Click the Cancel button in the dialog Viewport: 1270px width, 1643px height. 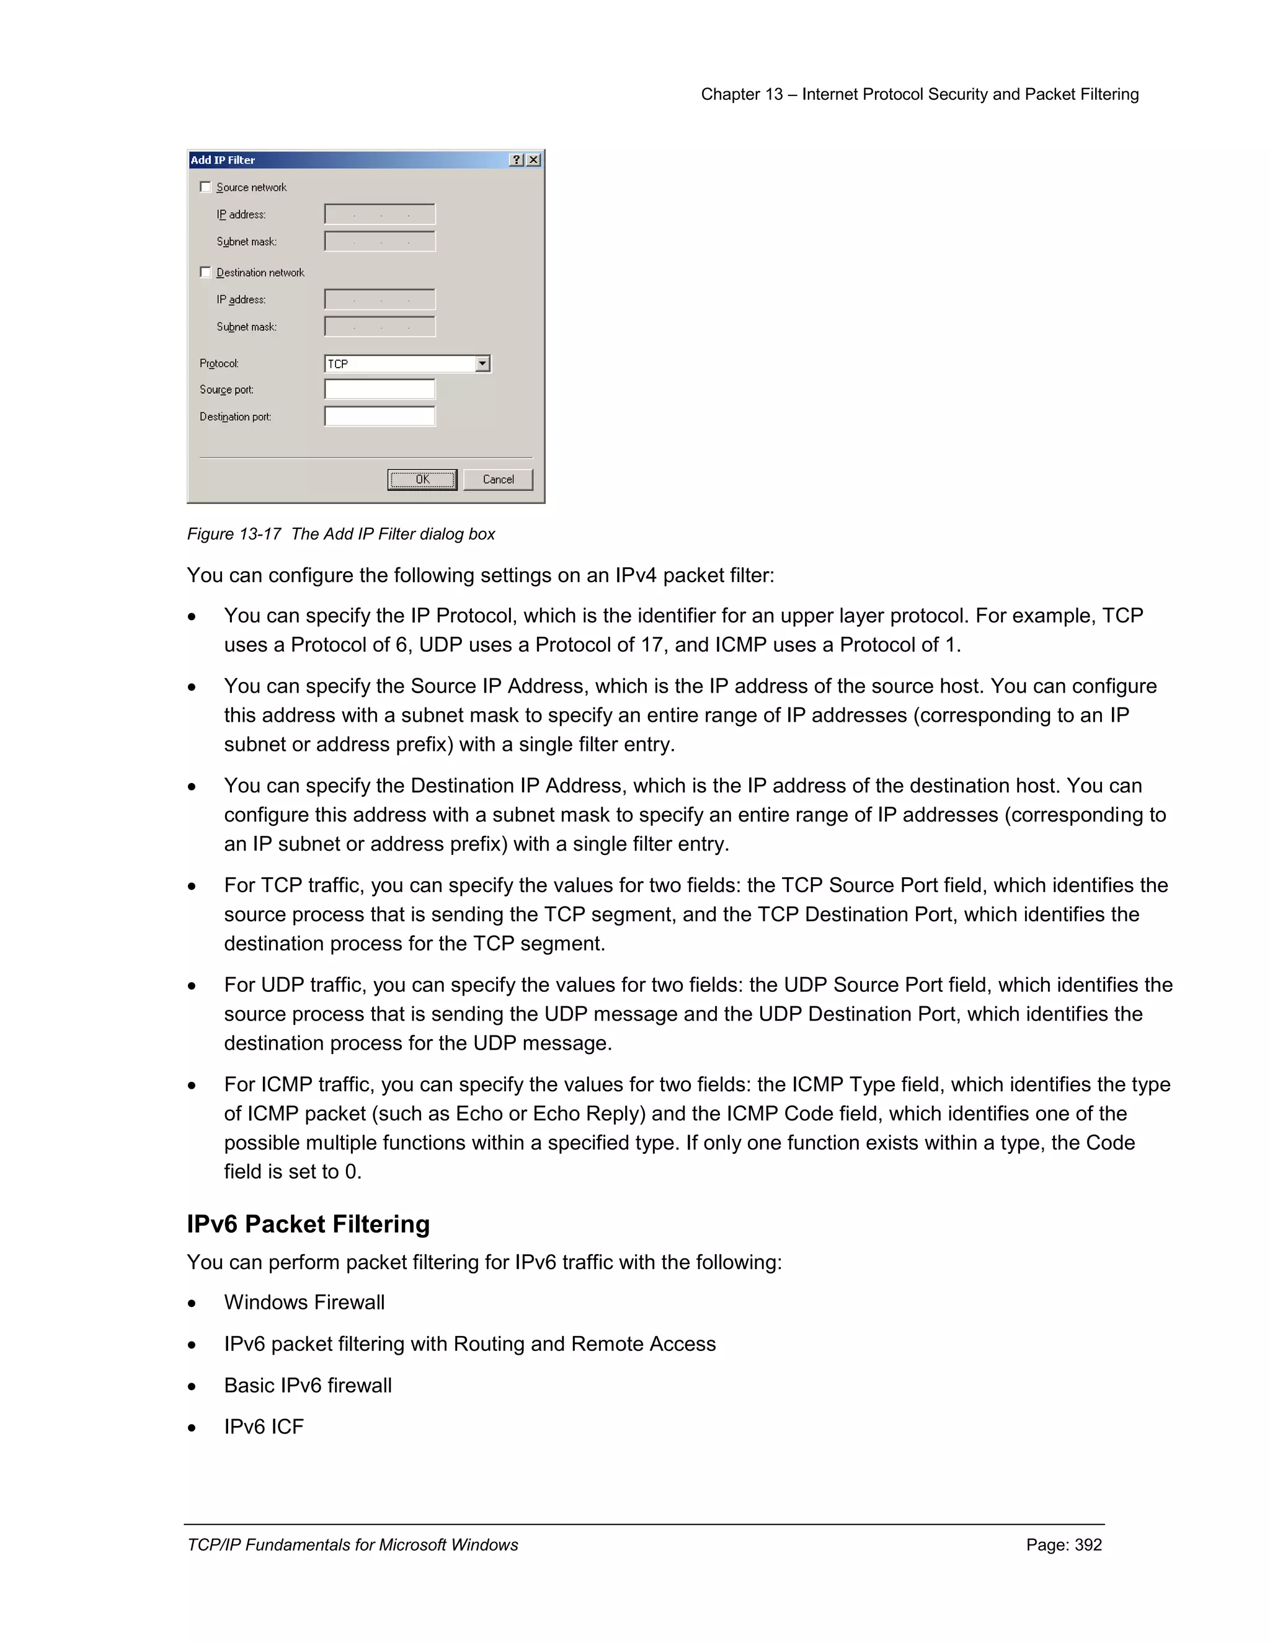(x=497, y=479)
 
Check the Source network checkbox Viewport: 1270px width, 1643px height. (x=205, y=187)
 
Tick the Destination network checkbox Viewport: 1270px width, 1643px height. (x=205, y=272)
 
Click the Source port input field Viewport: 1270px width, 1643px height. (x=379, y=389)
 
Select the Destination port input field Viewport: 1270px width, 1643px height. (x=379, y=416)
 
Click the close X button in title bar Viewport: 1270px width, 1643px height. (x=533, y=159)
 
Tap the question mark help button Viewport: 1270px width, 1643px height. (x=516, y=159)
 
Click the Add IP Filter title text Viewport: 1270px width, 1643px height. (x=223, y=159)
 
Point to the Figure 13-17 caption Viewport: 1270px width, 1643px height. (x=341, y=533)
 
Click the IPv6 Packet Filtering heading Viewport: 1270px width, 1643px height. (x=308, y=1224)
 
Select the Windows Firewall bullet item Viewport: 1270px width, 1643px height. (x=304, y=1302)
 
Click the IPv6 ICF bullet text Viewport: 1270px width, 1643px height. (x=264, y=1427)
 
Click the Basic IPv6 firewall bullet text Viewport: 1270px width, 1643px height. (x=308, y=1385)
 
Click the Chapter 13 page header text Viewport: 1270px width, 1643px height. (x=920, y=94)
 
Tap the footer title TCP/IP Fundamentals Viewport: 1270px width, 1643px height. (x=352, y=1544)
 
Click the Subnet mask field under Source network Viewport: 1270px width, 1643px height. (x=379, y=241)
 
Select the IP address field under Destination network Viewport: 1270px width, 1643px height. (x=379, y=299)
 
